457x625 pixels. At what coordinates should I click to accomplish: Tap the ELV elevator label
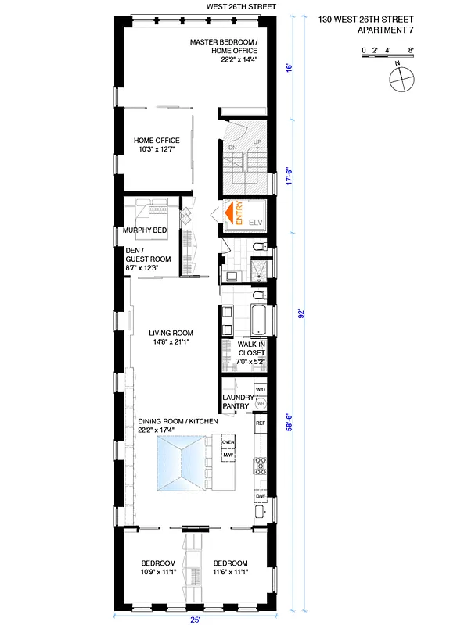[x=255, y=223]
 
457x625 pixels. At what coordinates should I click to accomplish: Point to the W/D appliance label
[x=261, y=389]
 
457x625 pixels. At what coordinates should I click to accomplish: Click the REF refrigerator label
[x=260, y=423]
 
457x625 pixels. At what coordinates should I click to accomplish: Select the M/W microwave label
[x=228, y=455]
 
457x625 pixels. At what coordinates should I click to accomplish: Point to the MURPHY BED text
[x=145, y=230]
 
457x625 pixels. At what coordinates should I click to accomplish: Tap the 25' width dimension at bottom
[x=194, y=619]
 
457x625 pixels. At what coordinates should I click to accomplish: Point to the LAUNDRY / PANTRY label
[x=236, y=402]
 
